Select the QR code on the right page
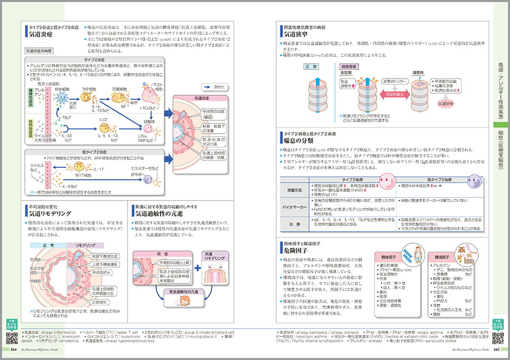click(499, 337)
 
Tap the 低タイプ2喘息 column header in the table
click(438, 179)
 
